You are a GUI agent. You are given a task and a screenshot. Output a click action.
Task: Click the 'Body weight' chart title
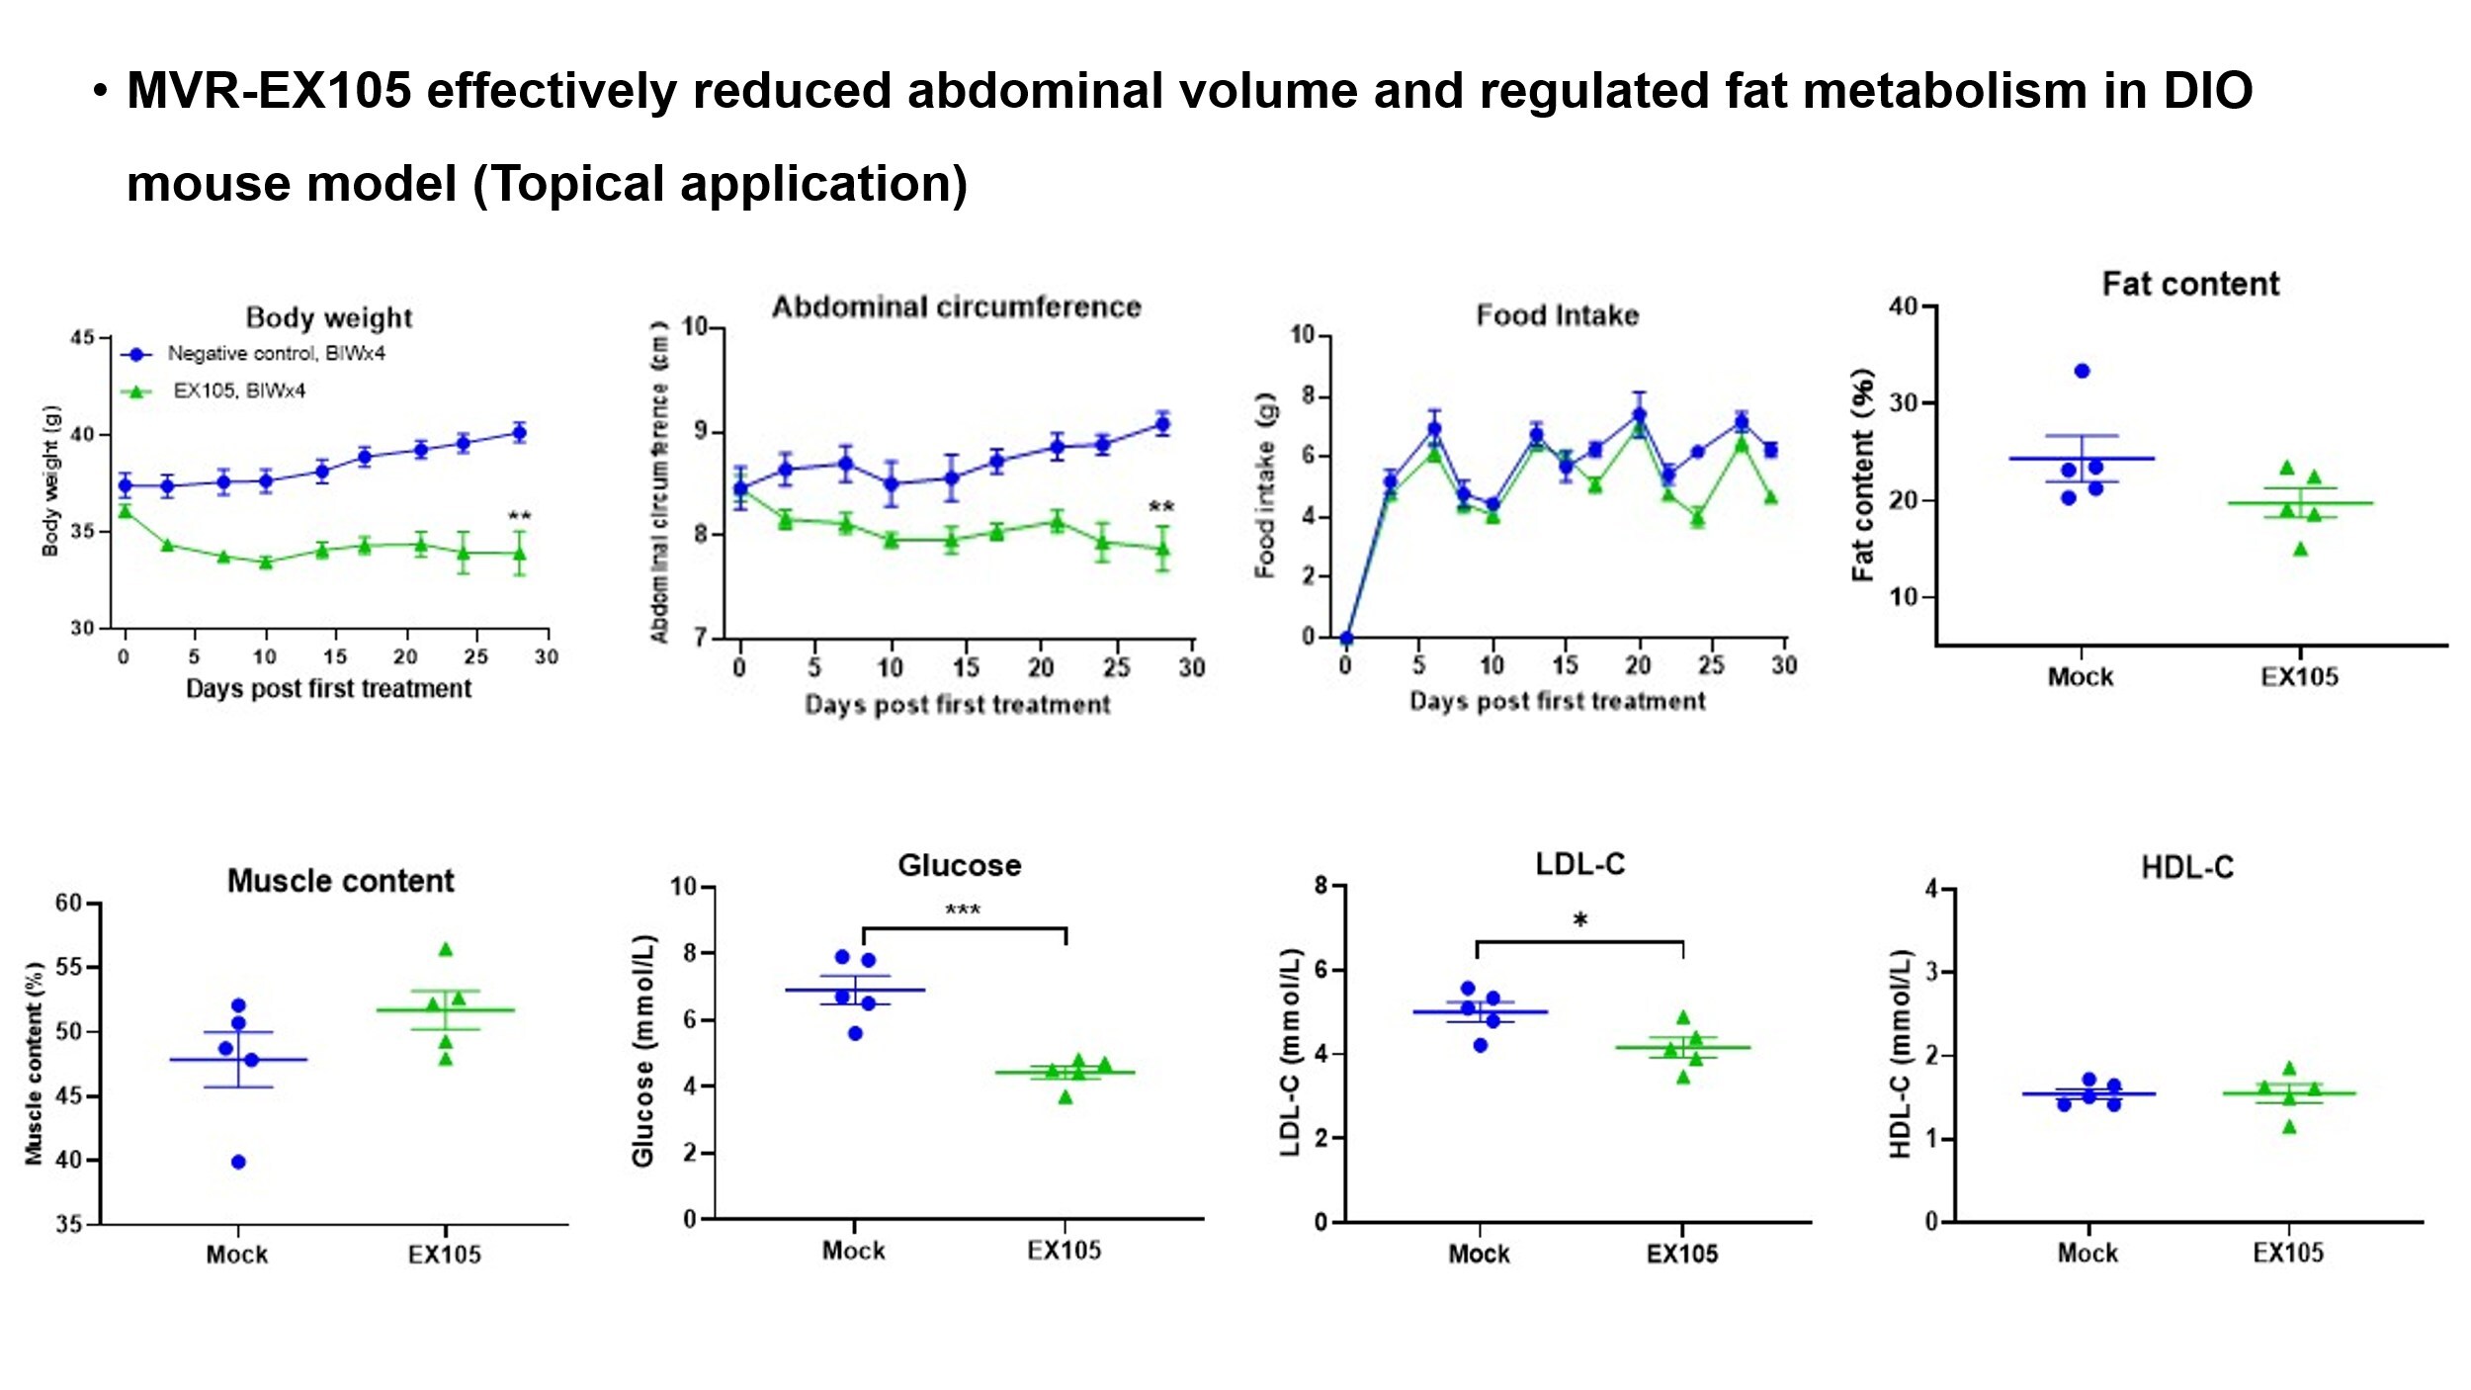[328, 318]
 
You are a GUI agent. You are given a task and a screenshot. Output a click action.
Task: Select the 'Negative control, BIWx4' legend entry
[276, 354]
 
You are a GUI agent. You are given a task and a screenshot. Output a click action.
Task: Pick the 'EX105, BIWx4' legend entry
[239, 391]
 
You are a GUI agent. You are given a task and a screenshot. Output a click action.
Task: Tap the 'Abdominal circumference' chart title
[956, 307]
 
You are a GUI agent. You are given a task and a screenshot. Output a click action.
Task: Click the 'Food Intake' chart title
[1557, 315]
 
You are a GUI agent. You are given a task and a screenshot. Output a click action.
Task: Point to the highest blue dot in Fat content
[2082, 372]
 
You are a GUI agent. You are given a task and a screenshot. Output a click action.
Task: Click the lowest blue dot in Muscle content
[238, 1162]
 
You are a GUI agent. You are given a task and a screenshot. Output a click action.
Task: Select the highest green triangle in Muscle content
[446, 950]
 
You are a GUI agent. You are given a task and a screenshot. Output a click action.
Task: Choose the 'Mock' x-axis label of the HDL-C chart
[2087, 1254]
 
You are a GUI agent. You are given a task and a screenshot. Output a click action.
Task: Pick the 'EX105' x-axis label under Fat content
[2299, 677]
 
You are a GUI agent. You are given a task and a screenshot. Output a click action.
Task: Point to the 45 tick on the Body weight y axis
[83, 338]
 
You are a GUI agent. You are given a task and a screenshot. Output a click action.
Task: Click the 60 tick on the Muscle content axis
[69, 903]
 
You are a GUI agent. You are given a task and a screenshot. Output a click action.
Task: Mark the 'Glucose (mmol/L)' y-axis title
[643, 1049]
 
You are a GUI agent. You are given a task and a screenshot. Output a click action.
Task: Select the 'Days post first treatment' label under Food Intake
[1557, 701]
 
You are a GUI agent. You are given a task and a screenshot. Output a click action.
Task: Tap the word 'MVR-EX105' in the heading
[269, 91]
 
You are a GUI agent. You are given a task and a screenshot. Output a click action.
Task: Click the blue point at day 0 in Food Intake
[1345, 638]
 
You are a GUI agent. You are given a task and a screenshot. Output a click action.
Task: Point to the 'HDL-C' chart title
[2186, 868]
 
